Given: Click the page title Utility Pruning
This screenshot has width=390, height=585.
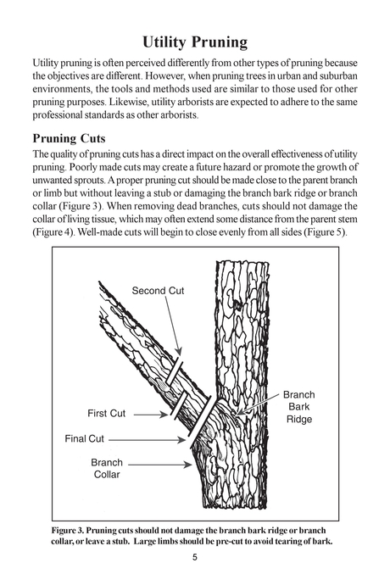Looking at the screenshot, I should click(x=195, y=42).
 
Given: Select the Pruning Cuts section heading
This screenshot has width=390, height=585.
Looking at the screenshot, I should click(x=75, y=138).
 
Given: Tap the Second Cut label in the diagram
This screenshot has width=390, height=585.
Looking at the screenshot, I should click(x=158, y=291).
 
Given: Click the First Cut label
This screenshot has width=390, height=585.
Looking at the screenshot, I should click(x=106, y=414).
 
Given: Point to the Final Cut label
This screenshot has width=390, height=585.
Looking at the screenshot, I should click(x=85, y=439).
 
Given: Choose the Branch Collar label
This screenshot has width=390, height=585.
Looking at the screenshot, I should click(x=107, y=469).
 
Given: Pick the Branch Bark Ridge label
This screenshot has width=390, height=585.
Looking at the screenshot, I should click(x=298, y=407).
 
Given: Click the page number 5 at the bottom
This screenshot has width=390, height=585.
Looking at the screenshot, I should click(x=195, y=557).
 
